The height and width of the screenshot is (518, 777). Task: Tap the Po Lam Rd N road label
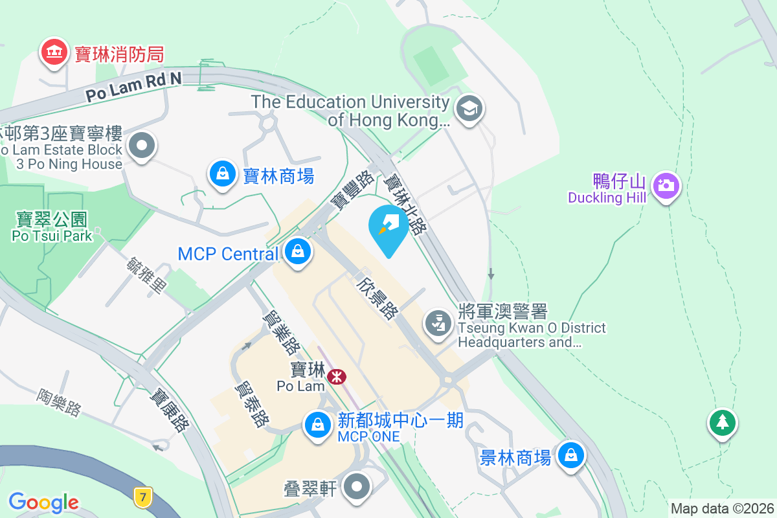pos(134,86)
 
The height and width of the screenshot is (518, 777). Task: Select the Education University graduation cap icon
pos(468,108)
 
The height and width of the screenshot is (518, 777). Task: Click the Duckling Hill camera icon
pos(665,186)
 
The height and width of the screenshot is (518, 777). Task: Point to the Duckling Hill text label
pos(607,197)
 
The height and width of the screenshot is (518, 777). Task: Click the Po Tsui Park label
pos(52,227)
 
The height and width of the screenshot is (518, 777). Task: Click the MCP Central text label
pos(228,254)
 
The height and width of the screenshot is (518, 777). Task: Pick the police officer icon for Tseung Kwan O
pos(438,322)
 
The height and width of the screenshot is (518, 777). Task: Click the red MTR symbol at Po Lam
pos(336,376)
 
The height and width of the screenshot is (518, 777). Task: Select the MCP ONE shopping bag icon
pos(317,425)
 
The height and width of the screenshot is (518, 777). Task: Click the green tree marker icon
pos(722,423)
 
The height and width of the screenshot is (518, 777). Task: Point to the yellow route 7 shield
pos(143,497)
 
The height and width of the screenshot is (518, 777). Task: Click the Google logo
pos(43,502)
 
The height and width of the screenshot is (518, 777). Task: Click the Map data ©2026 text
pos(722,508)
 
